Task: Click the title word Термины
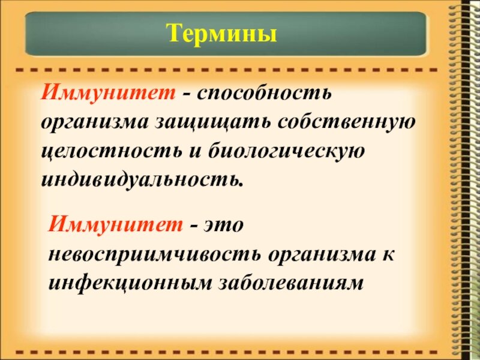222,33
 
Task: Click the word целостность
110,151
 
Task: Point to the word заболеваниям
286,282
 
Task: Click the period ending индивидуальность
242,183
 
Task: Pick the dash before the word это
194,226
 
